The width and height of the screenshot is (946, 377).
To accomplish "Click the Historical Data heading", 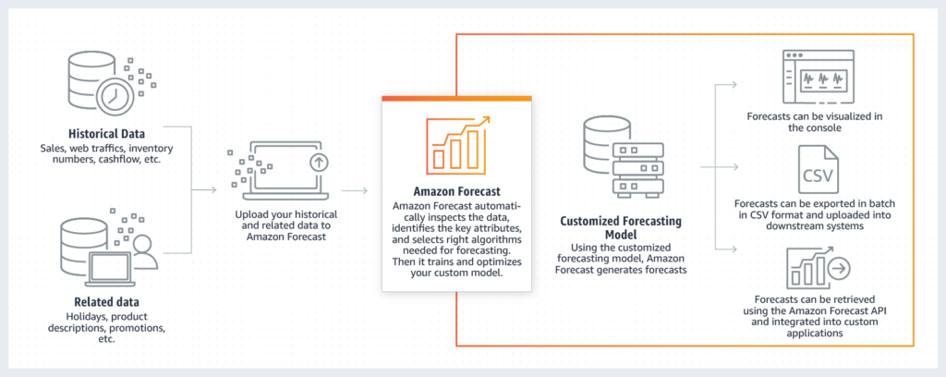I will coord(99,133).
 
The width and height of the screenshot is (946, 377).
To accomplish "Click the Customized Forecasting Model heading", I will coord(622,230).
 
